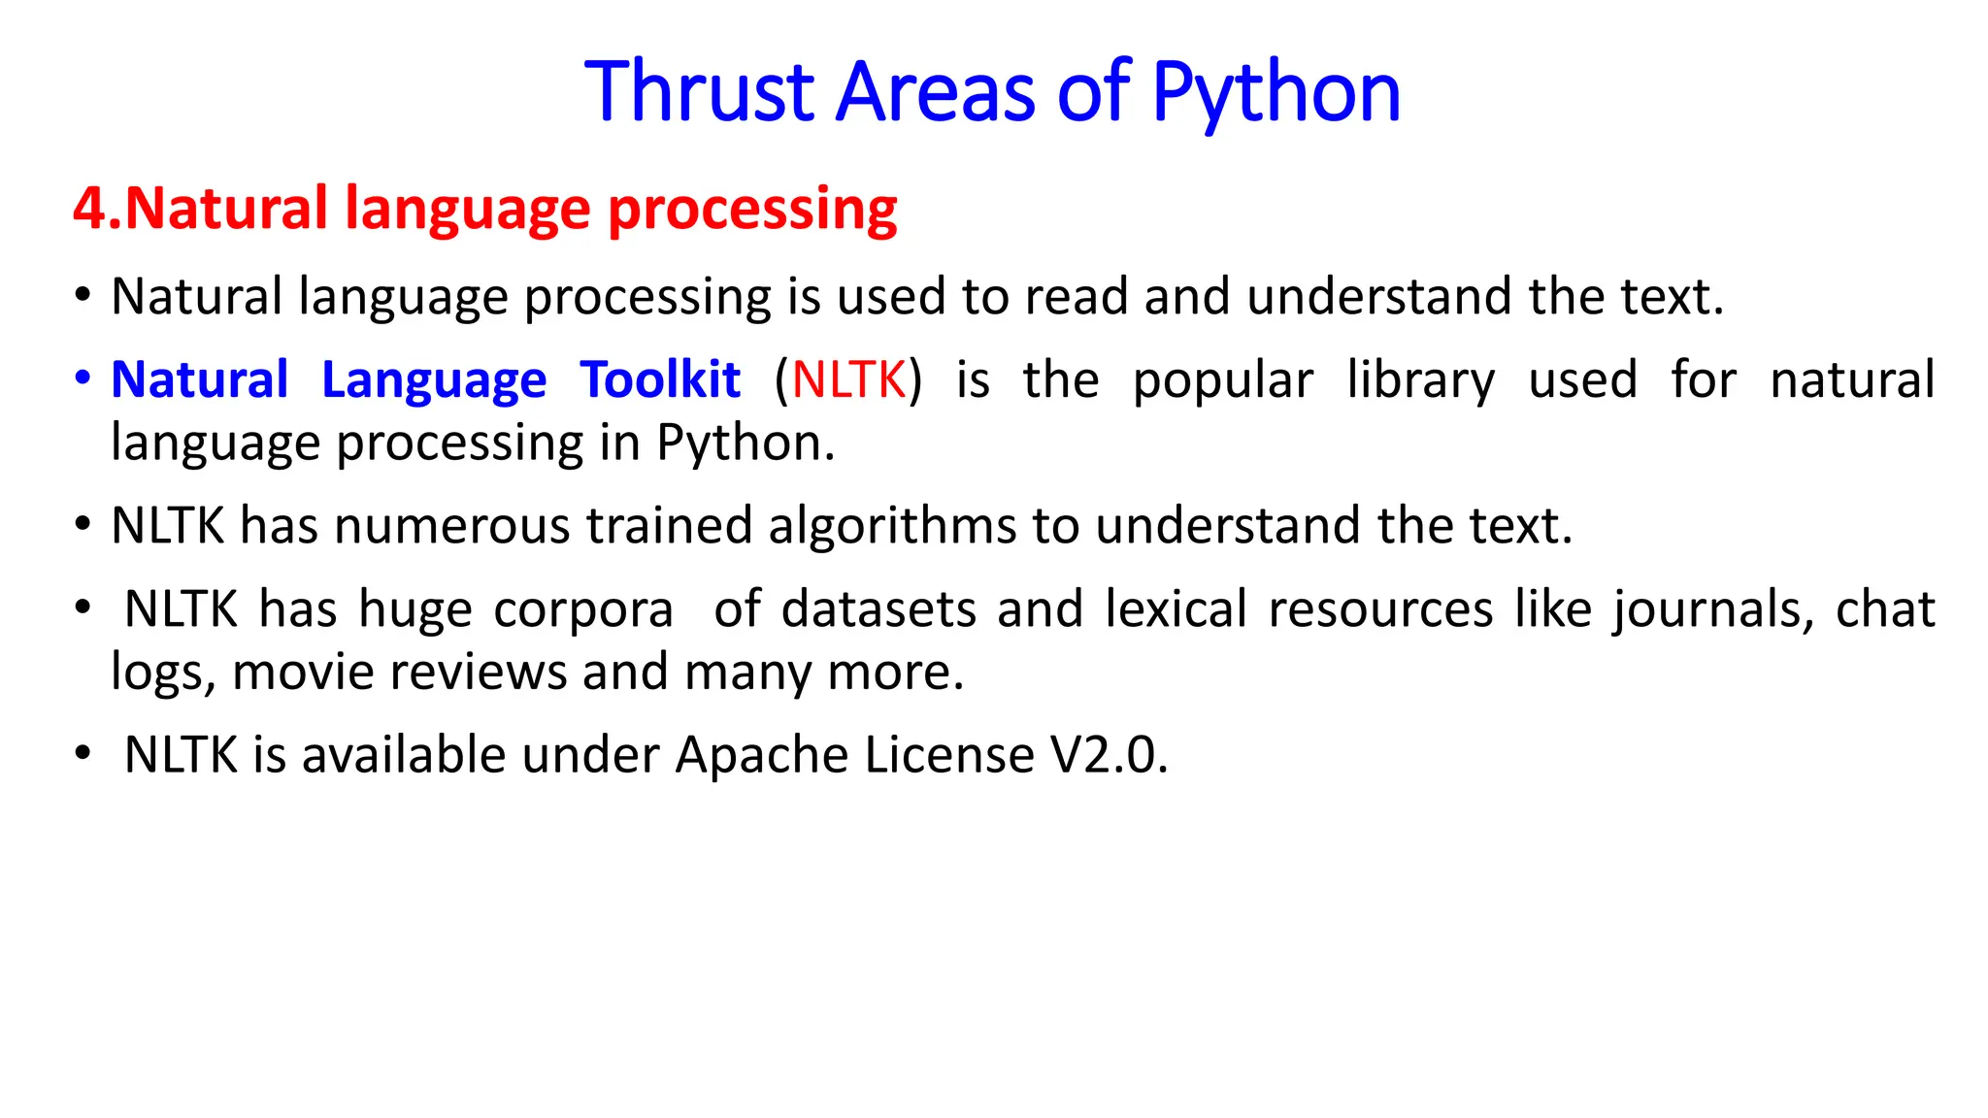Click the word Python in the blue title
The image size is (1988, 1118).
(x=1276, y=94)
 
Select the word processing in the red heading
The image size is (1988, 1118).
(x=752, y=211)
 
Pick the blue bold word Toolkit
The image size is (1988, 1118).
(x=660, y=379)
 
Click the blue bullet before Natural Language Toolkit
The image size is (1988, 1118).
(x=83, y=377)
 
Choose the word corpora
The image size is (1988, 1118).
(x=583, y=610)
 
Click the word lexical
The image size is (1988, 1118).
(x=1176, y=609)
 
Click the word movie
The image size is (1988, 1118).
(x=303, y=673)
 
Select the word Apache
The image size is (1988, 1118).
(x=760, y=756)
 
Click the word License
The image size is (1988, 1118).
(x=949, y=755)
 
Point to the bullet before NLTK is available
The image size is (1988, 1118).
(x=83, y=753)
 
